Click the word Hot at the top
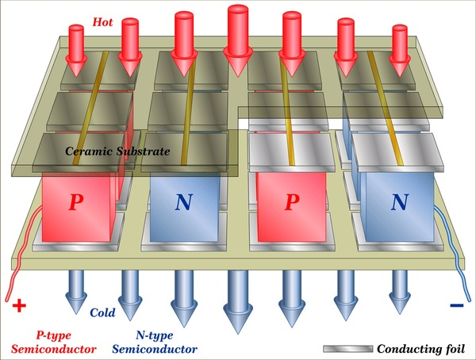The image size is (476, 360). click(102, 22)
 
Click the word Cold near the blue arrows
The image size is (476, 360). click(102, 312)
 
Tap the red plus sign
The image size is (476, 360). click(19, 305)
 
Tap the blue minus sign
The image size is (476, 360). click(457, 305)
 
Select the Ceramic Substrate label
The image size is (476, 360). click(117, 151)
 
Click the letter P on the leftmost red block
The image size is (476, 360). click(76, 202)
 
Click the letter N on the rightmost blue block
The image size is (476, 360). click(399, 202)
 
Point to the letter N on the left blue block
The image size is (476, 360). click(184, 202)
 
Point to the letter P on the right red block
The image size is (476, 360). click(292, 202)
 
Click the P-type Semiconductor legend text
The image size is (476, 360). click(54, 343)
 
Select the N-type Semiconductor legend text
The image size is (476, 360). click(155, 343)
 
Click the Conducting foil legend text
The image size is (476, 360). click(420, 349)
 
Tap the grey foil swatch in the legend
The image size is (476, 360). click(348, 349)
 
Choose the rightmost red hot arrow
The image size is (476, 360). click(400, 51)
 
